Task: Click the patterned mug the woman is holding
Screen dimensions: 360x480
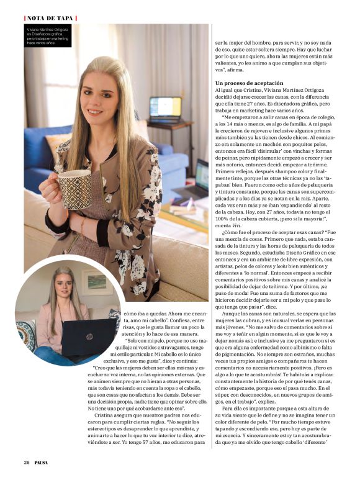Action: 74,189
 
